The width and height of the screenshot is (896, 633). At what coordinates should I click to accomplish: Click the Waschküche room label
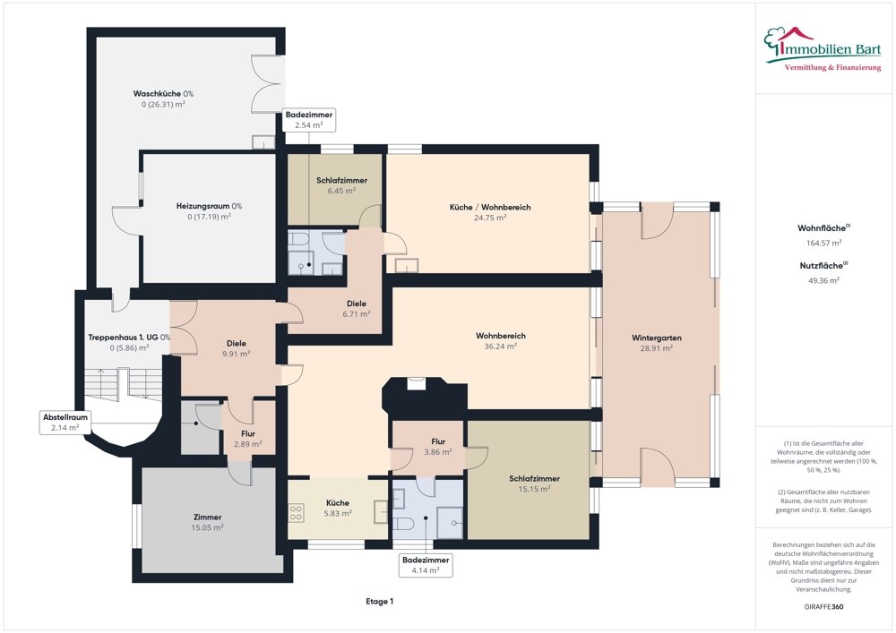pyautogui.click(x=163, y=94)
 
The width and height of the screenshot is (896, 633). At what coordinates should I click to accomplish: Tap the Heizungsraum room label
pyautogui.click(x=209, y=206)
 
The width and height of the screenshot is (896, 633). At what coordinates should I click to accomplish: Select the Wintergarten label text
pyautogui.click(x=657, y=338)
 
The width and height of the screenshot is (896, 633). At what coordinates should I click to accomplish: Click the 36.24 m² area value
pyautogui.click(x=501, y=346)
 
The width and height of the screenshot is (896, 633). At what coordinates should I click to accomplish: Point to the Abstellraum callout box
pyautogui.click(x=65, y=423)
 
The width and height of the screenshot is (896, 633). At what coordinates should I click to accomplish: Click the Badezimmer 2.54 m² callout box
pyautogui.click(x=309, y=120)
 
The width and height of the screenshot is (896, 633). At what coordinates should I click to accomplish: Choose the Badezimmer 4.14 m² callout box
pyautogui.click(x=426, y=564)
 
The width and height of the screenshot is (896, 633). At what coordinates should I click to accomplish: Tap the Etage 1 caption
pyautogui.click(x=380, y=602)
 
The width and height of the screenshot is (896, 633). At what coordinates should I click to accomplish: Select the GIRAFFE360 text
pyautogui.click(x=823, y=607)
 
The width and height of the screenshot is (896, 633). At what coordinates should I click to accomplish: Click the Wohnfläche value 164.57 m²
pyautogui.click(x=823, y=243)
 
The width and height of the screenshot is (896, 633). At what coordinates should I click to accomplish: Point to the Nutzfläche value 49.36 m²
pyautogui.click(x=823, y=280)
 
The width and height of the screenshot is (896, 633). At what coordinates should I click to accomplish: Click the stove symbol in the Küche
pyautogui.click(x=295, y=513)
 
